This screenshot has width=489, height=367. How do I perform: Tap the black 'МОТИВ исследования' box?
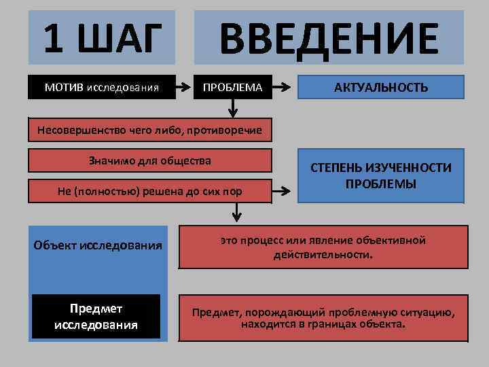coord(102,87)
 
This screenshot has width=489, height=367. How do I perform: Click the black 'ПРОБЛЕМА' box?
coord(233,87)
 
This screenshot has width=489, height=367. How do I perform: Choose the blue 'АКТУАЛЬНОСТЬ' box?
coord(380,87)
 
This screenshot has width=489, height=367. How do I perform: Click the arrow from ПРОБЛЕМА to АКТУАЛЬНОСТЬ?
coord(284,87)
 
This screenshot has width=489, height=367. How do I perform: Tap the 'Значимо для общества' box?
coord(149,161)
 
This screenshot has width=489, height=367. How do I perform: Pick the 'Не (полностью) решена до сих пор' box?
coord(149,192)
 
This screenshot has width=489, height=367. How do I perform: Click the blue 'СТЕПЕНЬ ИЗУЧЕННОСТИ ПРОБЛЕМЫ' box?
coord(380,175)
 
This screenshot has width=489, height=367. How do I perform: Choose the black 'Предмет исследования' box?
coord(96,317)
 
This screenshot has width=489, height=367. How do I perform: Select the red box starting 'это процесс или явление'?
coord(323,248)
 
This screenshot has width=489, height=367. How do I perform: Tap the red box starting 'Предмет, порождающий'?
coord(323,317)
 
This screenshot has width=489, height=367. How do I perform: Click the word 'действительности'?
coord(322,256)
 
